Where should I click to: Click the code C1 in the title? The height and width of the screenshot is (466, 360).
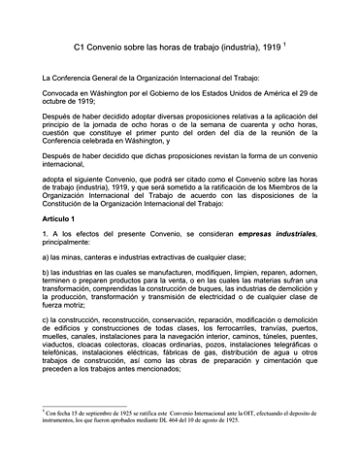tap(82, 46)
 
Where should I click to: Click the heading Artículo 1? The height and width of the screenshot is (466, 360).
tap(60, 220)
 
